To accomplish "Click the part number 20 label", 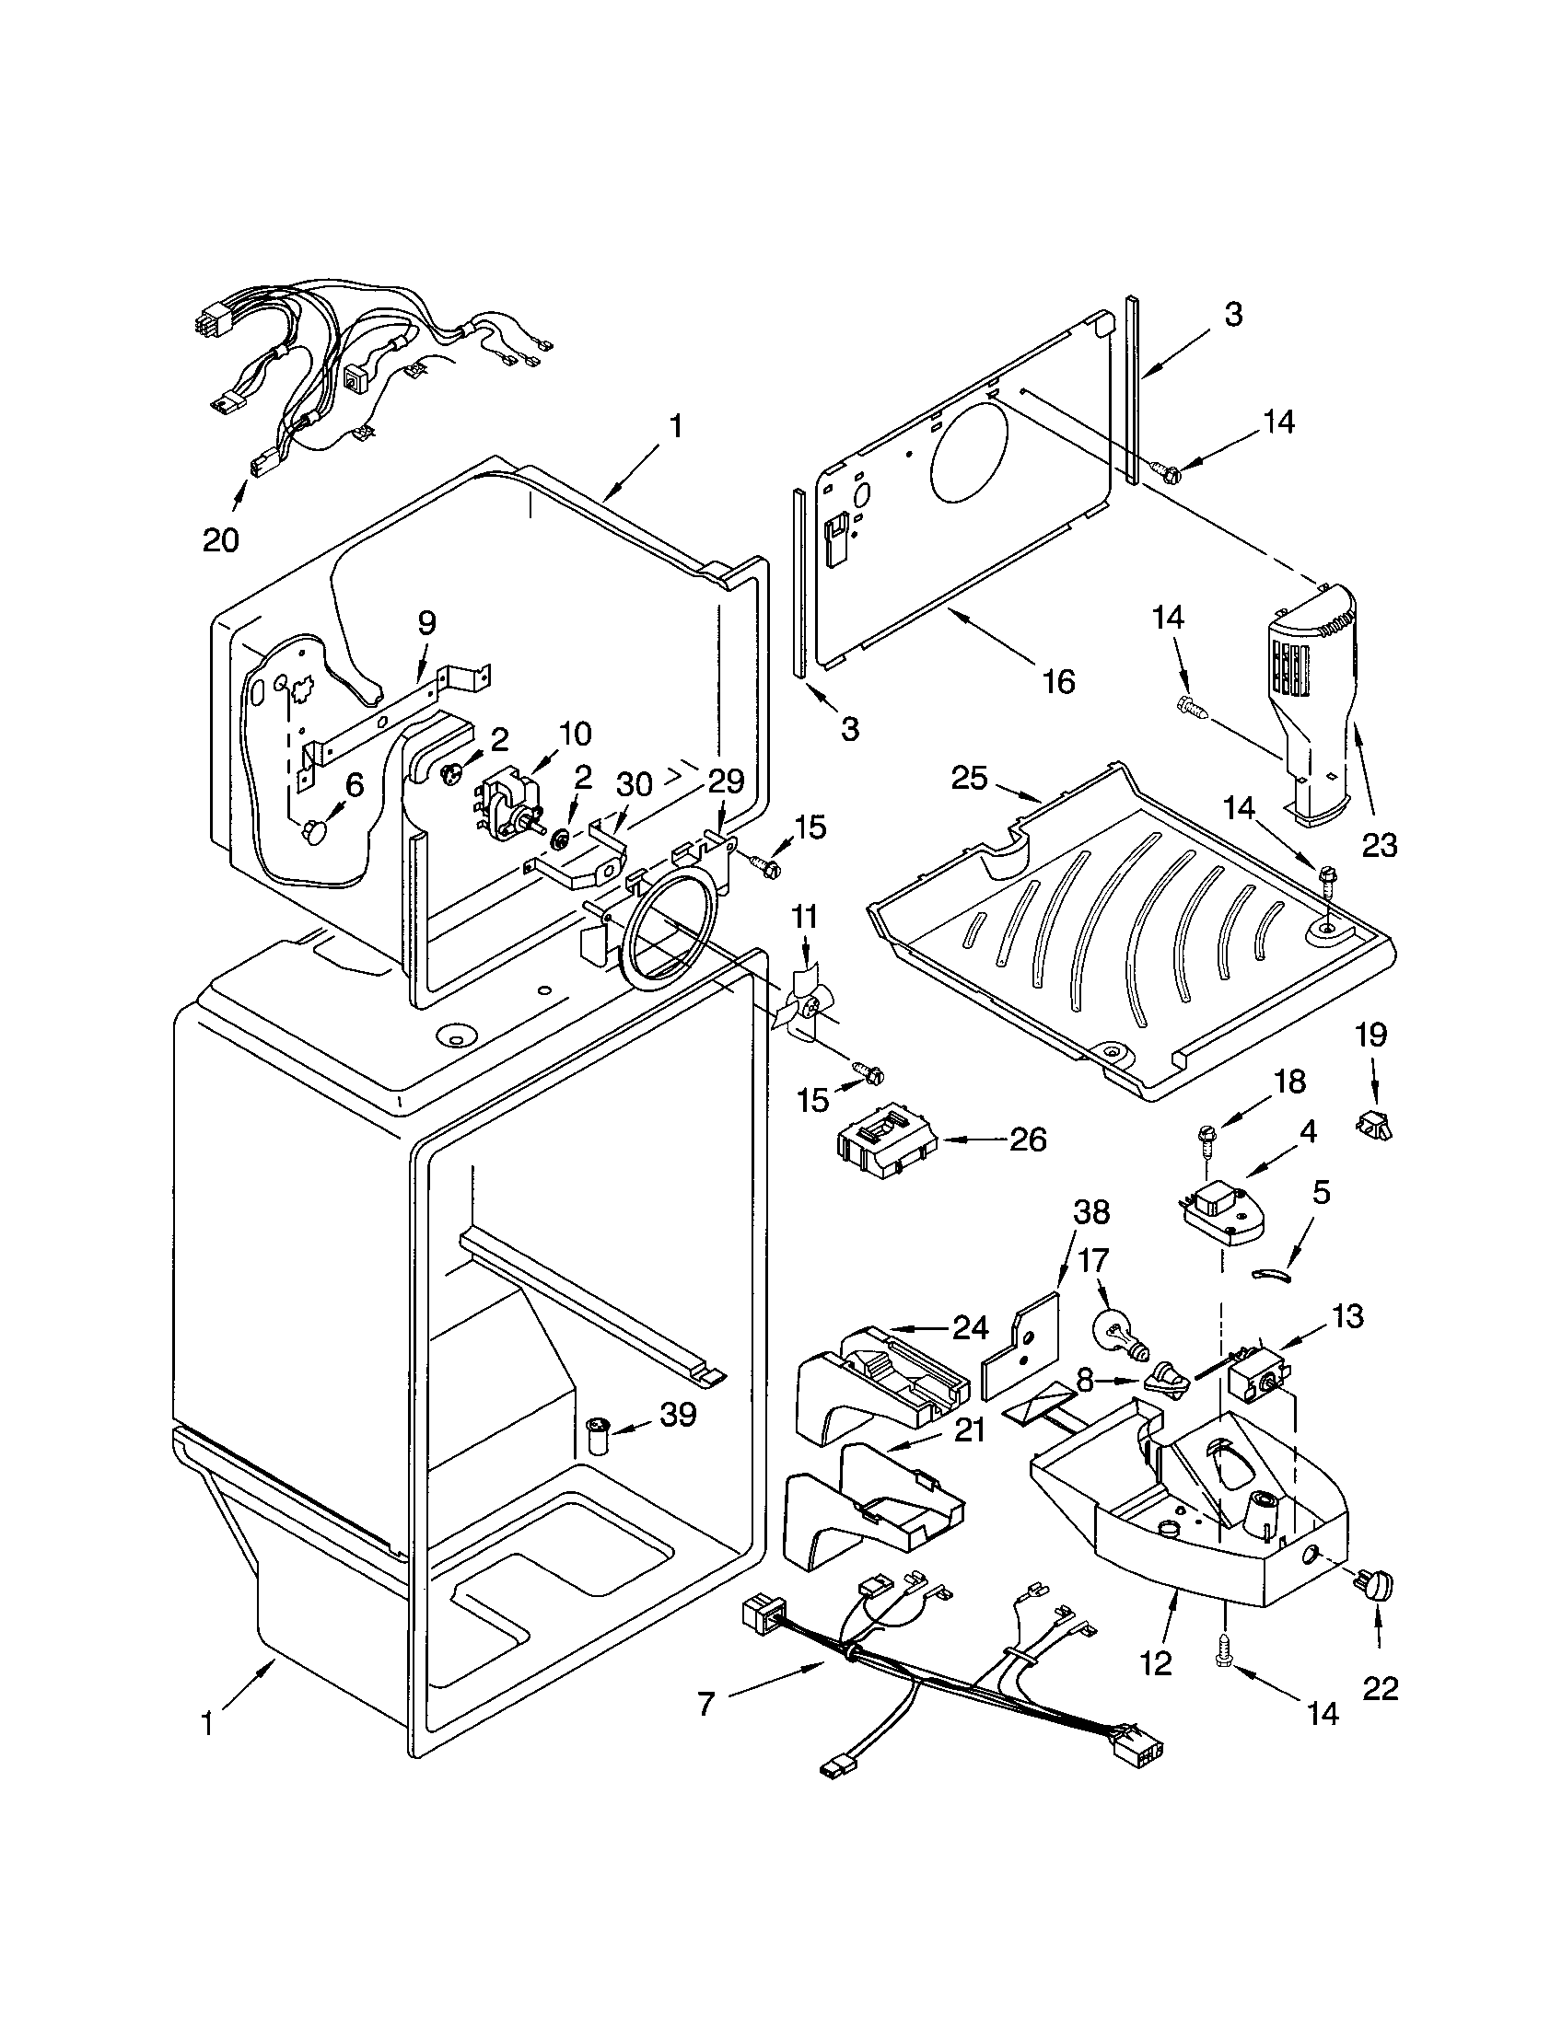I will (221, 539).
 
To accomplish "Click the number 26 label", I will (1026, 1140).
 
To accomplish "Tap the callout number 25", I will (969, 778).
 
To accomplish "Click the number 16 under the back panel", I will (1058, 681).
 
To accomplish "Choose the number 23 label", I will (1380, 844).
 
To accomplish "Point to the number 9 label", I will (425, 623).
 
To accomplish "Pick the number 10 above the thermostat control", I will (574, 734).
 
